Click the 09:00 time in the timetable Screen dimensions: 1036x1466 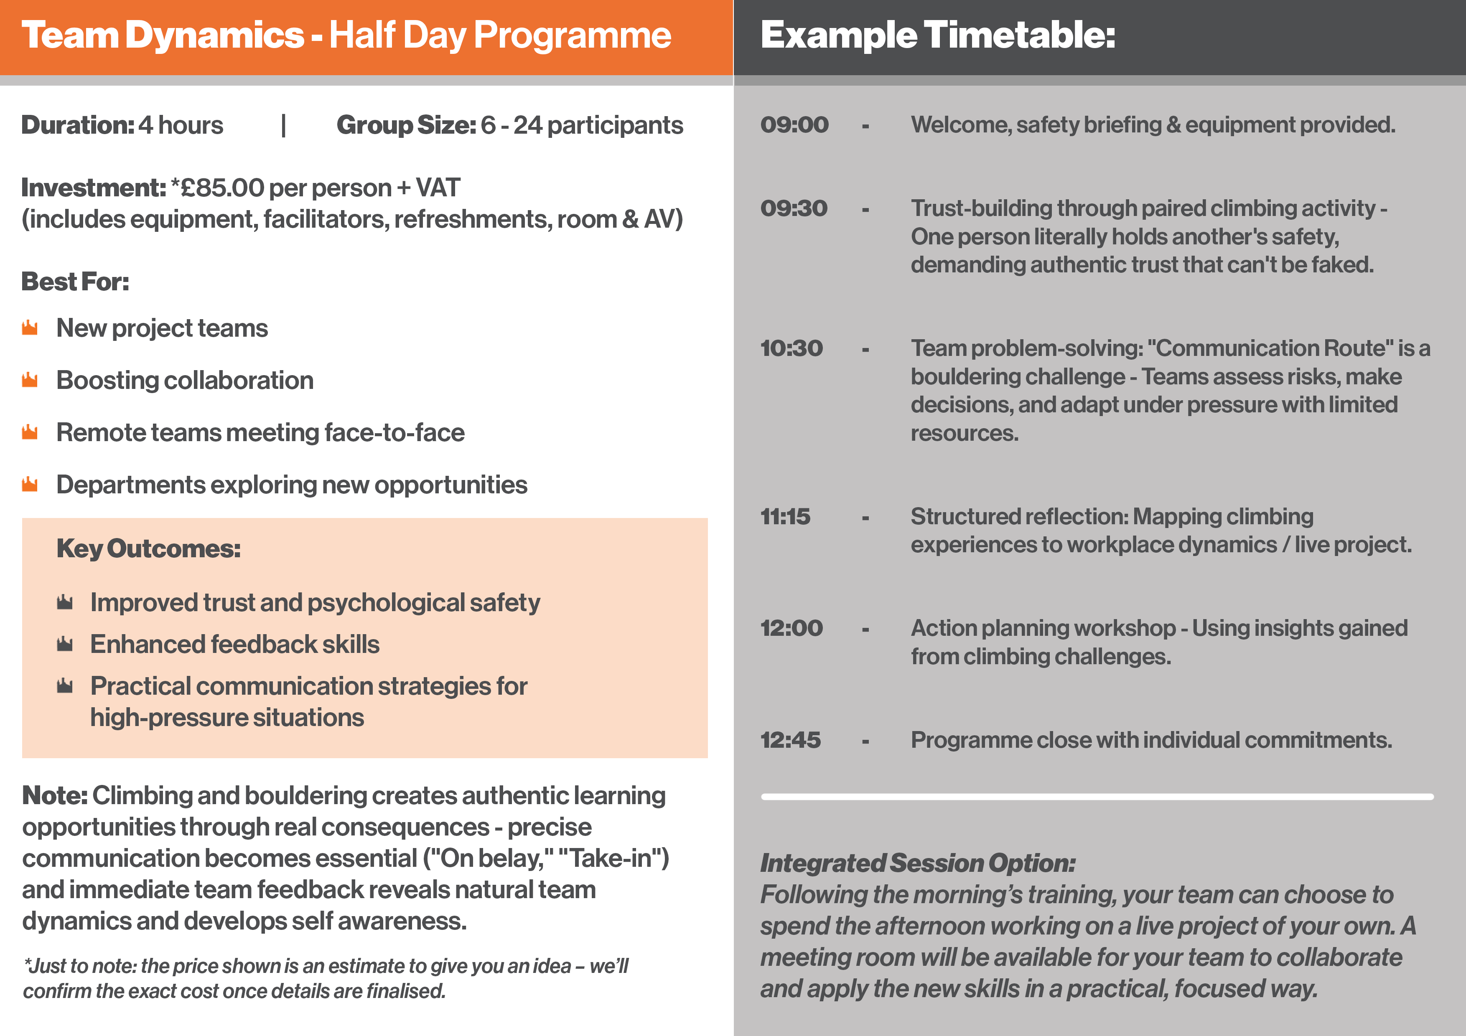tap(794, 124)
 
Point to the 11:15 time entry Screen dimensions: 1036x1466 tap(785, 516)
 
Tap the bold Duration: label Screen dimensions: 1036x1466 tap(78, 125)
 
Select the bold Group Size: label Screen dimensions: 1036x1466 tap(406, 125)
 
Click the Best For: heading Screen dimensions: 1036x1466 tap(75, 282)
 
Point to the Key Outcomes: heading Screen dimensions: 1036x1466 tap(148, 549)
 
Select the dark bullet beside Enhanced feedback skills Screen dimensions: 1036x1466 tap(64, 644)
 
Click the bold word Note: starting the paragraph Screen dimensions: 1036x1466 tap(55, 796)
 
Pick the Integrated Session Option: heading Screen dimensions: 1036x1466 tap(918, 863)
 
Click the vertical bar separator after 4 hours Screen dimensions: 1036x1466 tap(283, 125)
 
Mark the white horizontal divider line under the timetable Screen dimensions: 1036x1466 tap(1097, 797)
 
